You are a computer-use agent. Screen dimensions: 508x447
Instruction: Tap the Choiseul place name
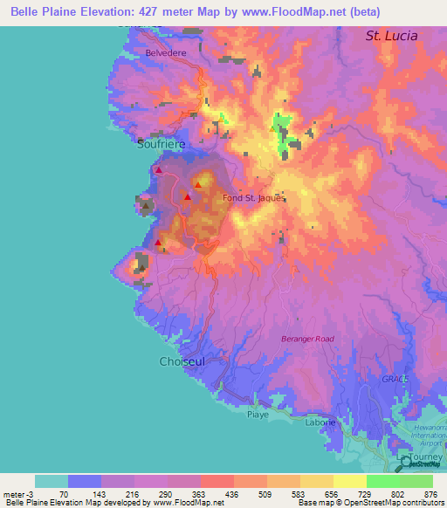click(x=182, y=360)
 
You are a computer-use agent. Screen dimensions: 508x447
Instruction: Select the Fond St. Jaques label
click(x=255, y=198)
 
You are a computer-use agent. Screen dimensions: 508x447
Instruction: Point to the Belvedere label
click(x=167, y=53)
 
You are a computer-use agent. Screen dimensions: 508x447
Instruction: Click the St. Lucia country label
click(x=390, y=37)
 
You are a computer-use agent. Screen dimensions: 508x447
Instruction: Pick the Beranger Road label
click(x=308, y=339)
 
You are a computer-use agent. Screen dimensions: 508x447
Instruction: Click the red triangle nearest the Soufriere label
click(x=158, y=170)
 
